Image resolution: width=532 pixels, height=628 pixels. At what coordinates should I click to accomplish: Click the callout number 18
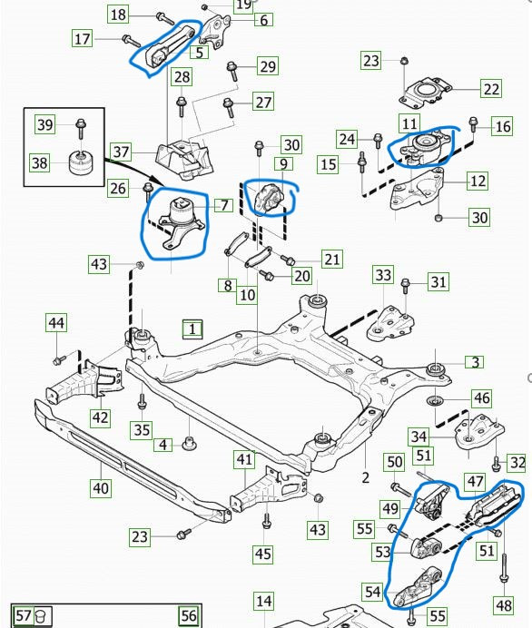tap(118, 15)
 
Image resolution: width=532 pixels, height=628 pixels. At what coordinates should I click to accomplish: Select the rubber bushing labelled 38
tap(80, 162)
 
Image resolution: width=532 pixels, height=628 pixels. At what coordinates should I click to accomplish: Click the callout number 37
tap(121, 152)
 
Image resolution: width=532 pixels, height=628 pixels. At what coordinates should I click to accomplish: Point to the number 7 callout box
tap(224, 205)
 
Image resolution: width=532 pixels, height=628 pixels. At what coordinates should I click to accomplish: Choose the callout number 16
tap(503, 126)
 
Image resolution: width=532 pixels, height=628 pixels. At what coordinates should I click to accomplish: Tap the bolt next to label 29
tap(232, 72)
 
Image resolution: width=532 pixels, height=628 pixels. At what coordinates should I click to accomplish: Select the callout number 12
tap(478, 181)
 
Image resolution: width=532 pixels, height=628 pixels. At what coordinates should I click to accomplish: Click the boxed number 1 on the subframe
tap(192, 329)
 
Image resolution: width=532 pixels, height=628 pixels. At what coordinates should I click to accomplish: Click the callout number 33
tap(383, 275)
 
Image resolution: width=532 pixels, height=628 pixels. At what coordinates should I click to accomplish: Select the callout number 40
tap(101, 488)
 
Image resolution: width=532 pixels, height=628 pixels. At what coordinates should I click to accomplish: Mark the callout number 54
tap(372, 592)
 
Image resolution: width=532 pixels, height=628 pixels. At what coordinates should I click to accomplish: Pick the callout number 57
tap(24, 614)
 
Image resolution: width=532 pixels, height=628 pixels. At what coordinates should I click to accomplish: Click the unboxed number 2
tap(365, 477)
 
